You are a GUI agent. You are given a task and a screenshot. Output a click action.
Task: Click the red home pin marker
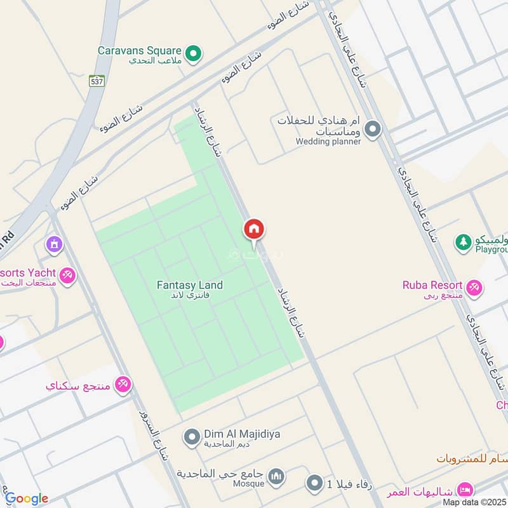pyautogui.click(x=254, y=231)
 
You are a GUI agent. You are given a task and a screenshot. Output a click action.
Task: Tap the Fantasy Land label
pyautogui.click(x=190, y=286)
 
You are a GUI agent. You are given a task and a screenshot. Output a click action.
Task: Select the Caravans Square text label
pyautogui.click(x=140, y=50)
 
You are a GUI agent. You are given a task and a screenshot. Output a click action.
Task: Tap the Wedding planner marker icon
pyautogui.click(x=373, y=130)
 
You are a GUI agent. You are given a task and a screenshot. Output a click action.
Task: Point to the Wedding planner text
pyautogui.click(x=328, y=142)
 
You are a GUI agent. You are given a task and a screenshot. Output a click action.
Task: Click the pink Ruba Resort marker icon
pyautogui.click(x=473, y=288)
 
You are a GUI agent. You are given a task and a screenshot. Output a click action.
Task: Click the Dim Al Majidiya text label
pyautogui.click(x=242, y=434)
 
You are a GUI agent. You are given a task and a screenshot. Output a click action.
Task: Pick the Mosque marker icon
pyautogui.click(x=276, y=476)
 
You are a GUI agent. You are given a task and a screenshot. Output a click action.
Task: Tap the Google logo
pyautogui.click(x=27, y=498)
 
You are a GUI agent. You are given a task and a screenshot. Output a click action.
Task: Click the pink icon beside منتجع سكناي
pyautogui.click(x=123, y=385)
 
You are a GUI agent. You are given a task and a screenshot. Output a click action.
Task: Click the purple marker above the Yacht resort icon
pyautogui.click(x=54, y=243)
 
